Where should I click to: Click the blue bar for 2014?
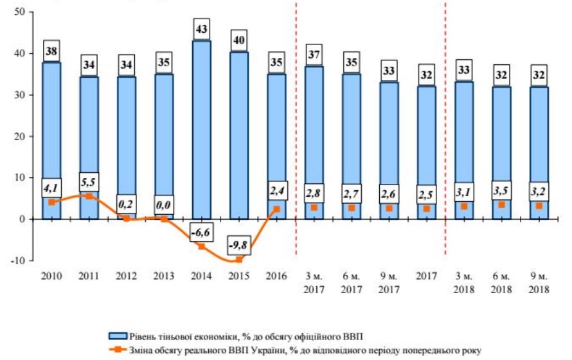click(x=202, y=129)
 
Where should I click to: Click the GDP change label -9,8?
click(x=239, y=245)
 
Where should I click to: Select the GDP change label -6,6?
click(x=202, y=232)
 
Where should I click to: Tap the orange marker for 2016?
click(x=277, y=208)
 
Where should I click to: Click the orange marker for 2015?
click(x=239, y=260)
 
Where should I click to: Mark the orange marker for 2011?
click(x=89, y=196)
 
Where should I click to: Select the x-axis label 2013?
click(x=165, y=276)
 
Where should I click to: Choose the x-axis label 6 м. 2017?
click(x=352, y=283)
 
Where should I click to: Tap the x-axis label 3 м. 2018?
click(x=464, y=283)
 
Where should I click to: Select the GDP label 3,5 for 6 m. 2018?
click(x=502, y=192)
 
